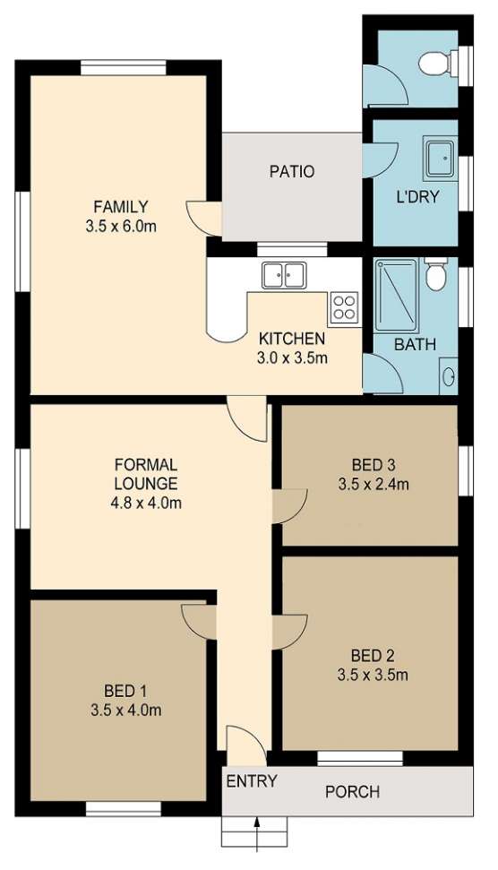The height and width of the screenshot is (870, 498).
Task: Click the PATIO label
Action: [x=292, y=171]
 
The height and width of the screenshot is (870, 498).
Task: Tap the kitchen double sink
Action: [x=283, y=275]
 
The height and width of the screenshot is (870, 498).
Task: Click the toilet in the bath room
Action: [x=435, y=273]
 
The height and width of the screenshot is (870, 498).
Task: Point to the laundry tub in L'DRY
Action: [x=439, y=159]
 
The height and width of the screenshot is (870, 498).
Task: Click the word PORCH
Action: [x=352, y=791]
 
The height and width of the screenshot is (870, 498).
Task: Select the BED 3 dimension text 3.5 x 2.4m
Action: [x=373, y=485]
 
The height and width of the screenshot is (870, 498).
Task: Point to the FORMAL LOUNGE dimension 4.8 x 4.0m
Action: [x=146, y=504]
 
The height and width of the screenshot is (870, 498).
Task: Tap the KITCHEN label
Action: [x=292, y=338]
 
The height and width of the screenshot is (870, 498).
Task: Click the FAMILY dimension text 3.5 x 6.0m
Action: [x=121, y=226]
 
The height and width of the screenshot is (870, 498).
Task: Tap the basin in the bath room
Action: [x=448, y=376]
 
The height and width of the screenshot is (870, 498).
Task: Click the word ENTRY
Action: [x=251, y=781]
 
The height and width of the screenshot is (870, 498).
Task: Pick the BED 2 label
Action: [x=373, y=656]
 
